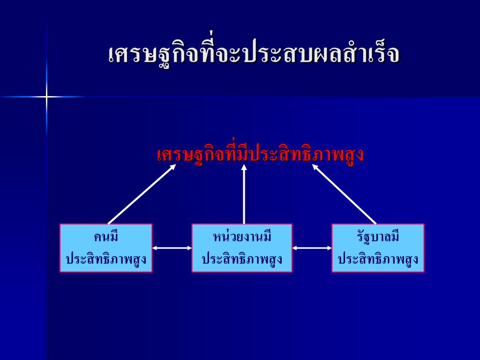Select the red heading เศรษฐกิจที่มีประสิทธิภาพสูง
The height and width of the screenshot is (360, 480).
(260, 155)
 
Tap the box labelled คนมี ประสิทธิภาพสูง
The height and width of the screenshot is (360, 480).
(106, 248)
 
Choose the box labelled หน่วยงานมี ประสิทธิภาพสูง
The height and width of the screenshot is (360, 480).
(242, 248)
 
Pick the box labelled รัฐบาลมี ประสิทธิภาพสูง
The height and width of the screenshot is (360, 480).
(378, 248)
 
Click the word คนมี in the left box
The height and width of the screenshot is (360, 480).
(106, 237)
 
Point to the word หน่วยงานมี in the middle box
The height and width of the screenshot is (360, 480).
(242, 237)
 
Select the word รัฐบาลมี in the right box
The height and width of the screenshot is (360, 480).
(378, 237)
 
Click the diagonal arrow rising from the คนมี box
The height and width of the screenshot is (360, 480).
(142, 194)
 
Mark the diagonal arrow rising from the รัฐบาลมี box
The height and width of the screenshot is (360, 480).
(345, 194)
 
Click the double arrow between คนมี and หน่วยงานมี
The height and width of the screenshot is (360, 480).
(172, 248)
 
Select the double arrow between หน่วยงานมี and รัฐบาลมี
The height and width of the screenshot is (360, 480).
(312, 248)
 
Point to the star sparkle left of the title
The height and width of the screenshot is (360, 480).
(46, 97)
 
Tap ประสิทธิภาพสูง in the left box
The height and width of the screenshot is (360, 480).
(106, 259)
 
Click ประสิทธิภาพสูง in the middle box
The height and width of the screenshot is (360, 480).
(242, 259)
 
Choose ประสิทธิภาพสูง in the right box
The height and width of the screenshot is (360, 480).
(378, 259)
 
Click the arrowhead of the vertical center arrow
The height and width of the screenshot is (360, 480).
(244, 167)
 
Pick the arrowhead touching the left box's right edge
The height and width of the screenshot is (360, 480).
(155, 248)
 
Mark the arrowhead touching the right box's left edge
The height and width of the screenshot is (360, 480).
(329, 248)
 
